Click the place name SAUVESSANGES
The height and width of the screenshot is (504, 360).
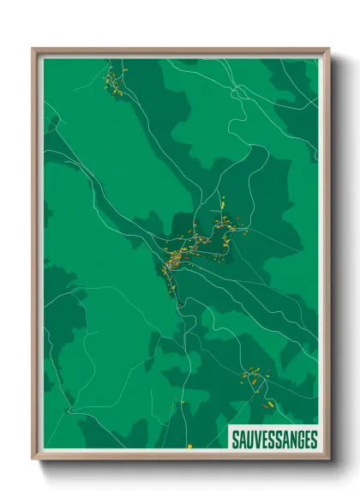pyautogui.click(x=274, y=440)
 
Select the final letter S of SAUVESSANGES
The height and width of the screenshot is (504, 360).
pyautogui.click(x=314, y=440)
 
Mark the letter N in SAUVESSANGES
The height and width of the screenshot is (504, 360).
pyautogui.click(x=292, y=440)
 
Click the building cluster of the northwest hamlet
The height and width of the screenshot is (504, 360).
pyautogui.click(x=111, y=82)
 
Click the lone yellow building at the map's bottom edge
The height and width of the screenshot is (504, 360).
pyautogui.click(x=182, y=401)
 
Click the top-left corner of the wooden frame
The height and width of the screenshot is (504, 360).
pyautogui.click(x=33, y=49)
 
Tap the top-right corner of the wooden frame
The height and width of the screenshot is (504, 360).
pyautogui.click(x=328, y=49)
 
